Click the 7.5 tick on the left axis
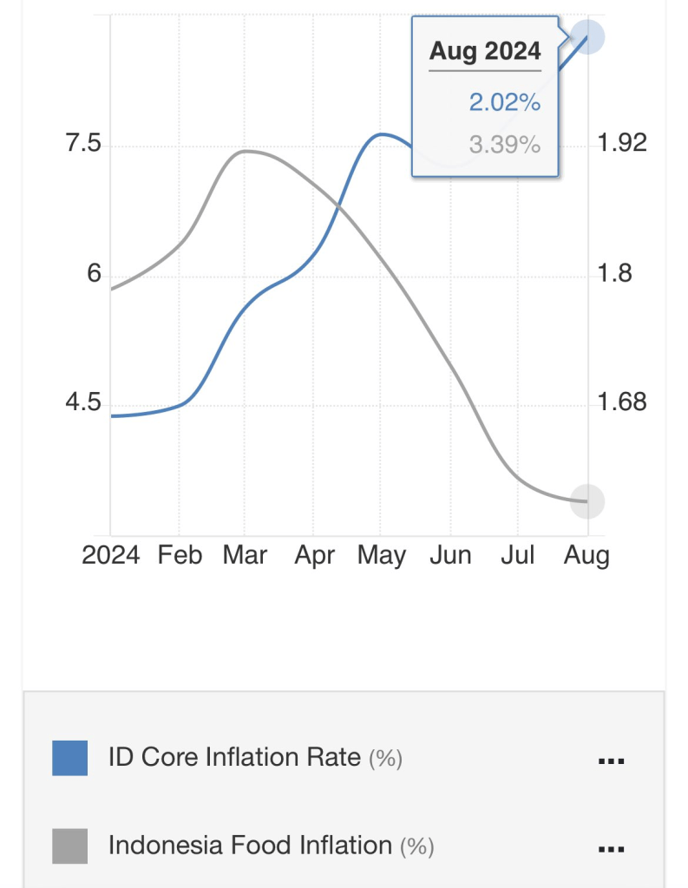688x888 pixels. (x=83, y=144)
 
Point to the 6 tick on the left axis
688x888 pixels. (x=93, y=274)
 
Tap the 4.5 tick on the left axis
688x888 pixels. (x=83, y=404)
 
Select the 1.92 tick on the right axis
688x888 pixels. (x=623, y=143)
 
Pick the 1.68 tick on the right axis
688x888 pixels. (x=623, y=403)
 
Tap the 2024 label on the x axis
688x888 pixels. (x=111, y=555)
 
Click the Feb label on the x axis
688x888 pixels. (x=180, y=555)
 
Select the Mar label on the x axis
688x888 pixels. (x=246, y=555)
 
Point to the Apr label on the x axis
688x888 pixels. (x=314, y=555)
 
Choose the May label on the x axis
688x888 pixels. (x=382, y=555)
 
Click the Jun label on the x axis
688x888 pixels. (x=450, y=555)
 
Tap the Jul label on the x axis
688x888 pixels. (x=518, y=555)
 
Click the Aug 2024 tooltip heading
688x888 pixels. (x=485, y=51)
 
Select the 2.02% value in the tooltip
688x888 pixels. (x=505, y=103)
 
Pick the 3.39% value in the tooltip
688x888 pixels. (x=505, y=144)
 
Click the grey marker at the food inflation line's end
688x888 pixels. (x=586, y=501)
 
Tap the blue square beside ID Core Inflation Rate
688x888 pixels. (x=69, y=758)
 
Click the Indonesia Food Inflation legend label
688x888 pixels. (x=251, y=846)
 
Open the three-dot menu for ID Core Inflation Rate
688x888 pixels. (x=612, y=761)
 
